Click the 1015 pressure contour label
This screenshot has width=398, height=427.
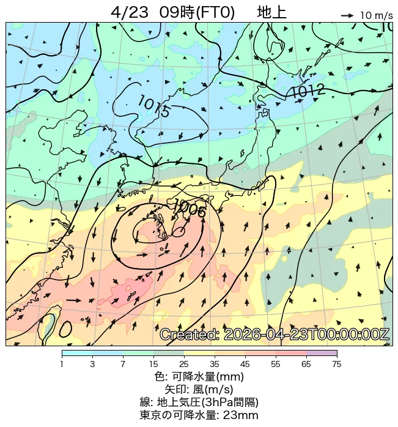pos(153,106)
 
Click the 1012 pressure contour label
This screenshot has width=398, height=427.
pos(307,91)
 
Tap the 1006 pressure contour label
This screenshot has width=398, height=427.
pos(190,207)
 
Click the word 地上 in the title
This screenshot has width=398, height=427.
pos(271,12)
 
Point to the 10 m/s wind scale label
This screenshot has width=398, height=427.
pos(376,15)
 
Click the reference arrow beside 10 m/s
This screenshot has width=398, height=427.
pos(347,15)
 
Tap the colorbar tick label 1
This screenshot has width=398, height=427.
pos(62,364)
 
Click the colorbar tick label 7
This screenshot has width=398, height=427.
pos(123,364)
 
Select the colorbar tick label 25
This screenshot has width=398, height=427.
pos(184,364)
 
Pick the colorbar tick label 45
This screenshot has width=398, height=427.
pos(245,364)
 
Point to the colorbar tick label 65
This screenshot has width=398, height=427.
pos(306,364)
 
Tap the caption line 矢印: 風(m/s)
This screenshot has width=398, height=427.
pos(199,389)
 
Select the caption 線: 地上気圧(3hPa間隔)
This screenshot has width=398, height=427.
pos(199,402)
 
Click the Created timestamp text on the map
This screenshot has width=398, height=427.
pos(275,335)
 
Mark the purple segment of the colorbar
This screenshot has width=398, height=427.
pos(322,353)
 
